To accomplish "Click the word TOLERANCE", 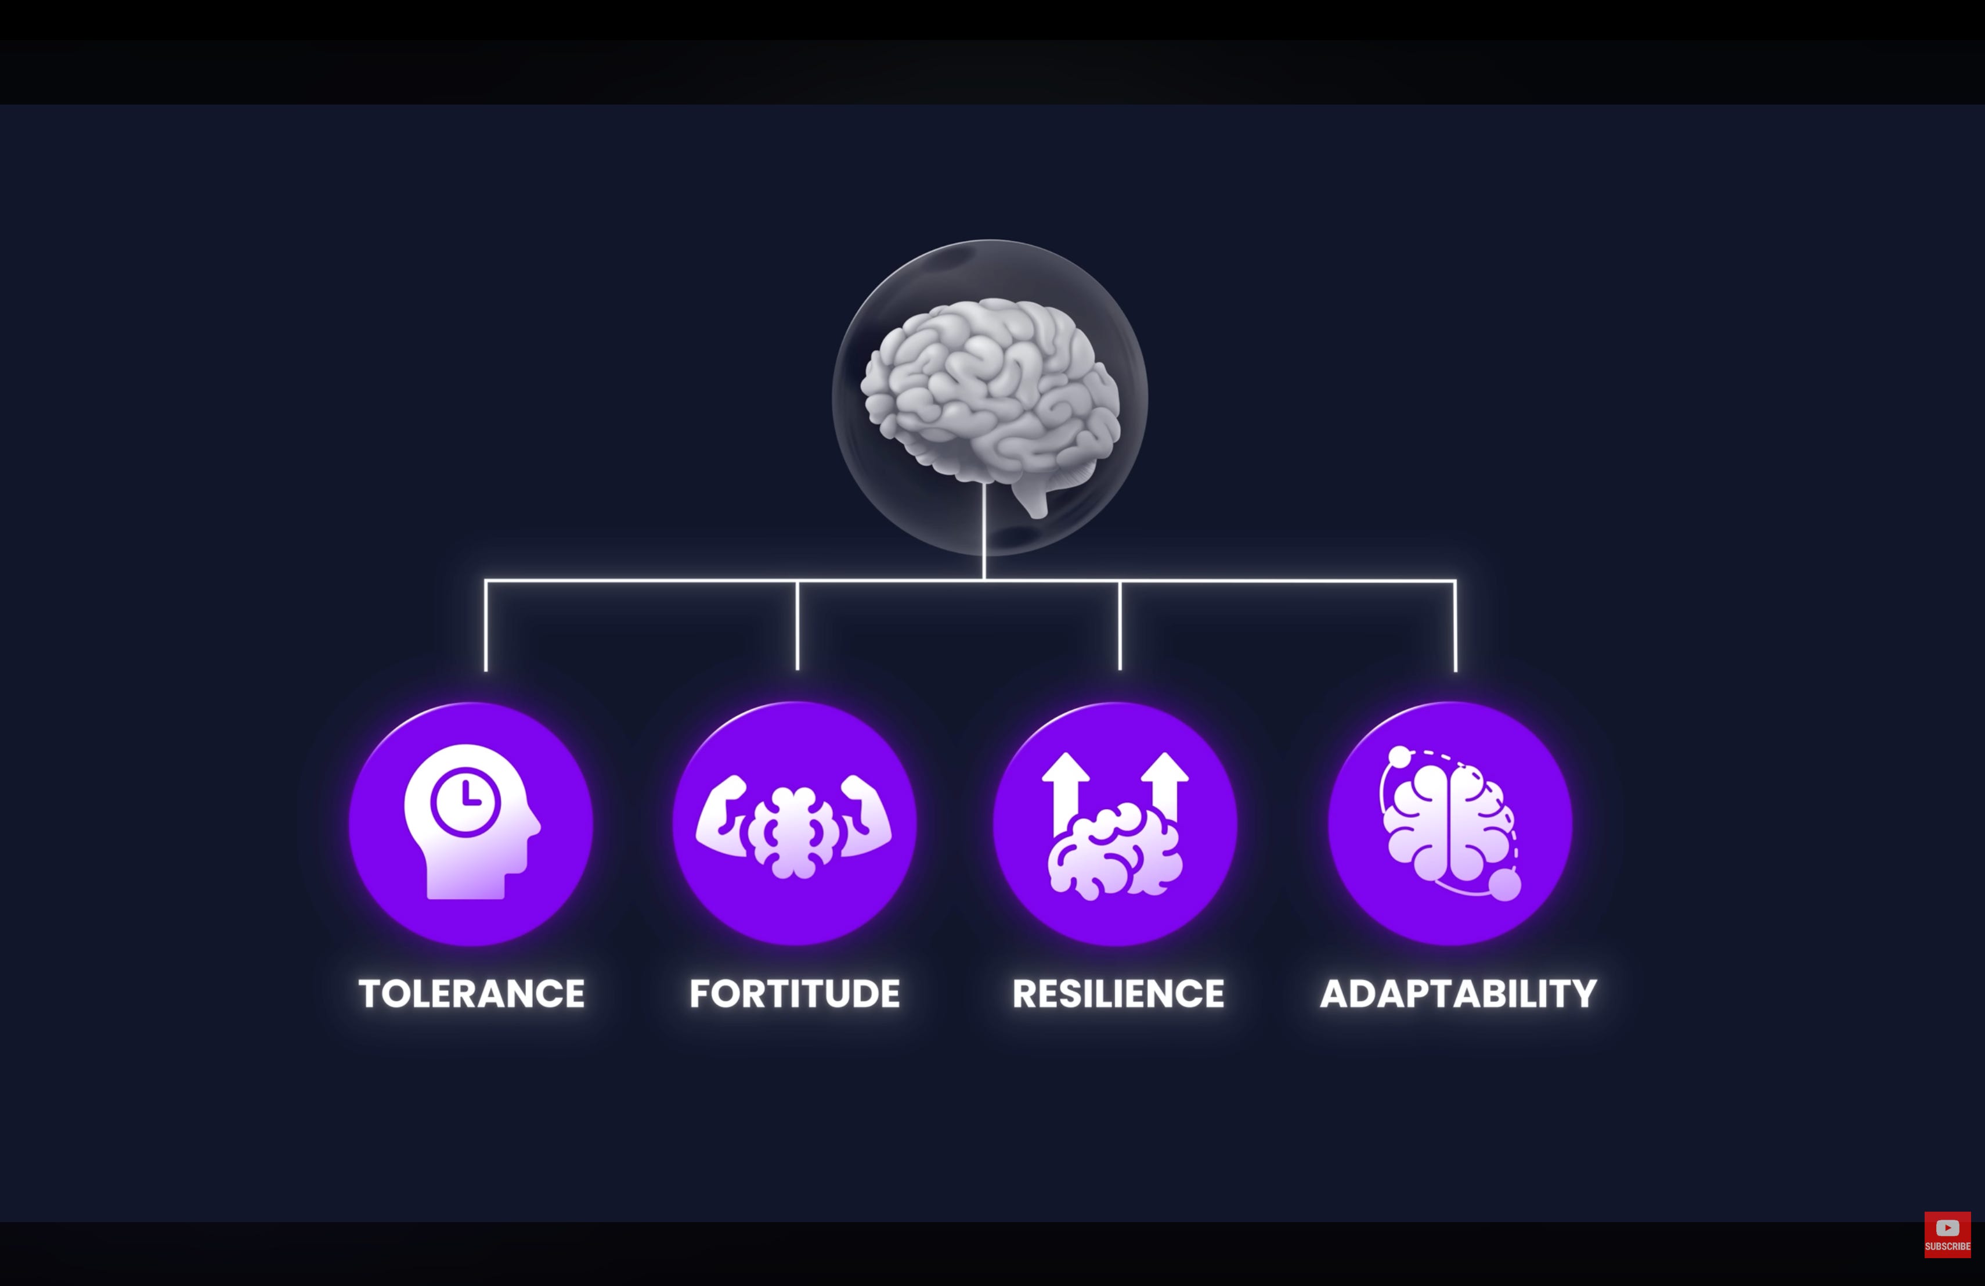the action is [472, 993].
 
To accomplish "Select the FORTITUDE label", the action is [795, 993].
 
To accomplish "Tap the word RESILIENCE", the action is [1118, 993].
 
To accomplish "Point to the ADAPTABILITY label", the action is [1459, 993].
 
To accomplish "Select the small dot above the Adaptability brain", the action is [1401, 757].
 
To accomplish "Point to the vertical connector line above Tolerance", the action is [485, 626].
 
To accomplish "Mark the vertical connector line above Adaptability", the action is [1456, 626].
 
